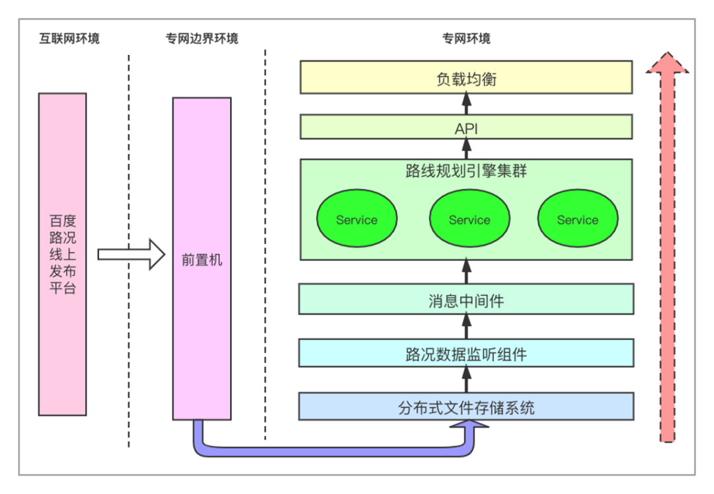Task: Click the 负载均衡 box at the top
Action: pyautogui.click(x=466, y=78)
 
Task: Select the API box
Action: pyautogui.click(x=466, y=127)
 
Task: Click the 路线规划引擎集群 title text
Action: pyautogui.click(x=466, y=171)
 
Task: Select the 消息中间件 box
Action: pyautogui.click(x=466, y=300)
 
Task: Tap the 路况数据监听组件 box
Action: pyautogui.click(x=466, y=354)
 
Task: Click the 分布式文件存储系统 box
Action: pyautogui.click(x=466, y=407)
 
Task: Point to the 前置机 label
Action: pyautogui.click(x=202, y=260)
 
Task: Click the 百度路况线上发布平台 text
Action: pyautogui.click(x=63, y=254)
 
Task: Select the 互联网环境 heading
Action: pyautogui.click(x=69, y=38)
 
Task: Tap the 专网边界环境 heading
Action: pyautogui.click(x=202, y=38)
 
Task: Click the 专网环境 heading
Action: pyautogui.click(x=466, y=38)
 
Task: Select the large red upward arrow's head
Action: pyautogui.click(x=668, y=63)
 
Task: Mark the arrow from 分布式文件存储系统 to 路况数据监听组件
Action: pyautogui.click(x=467, y=380)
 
